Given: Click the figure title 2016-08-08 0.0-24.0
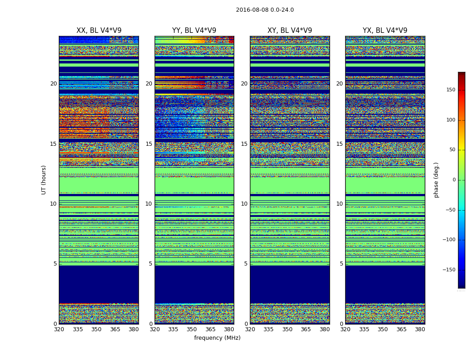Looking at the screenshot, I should pyautogui.click(x=265, y=10).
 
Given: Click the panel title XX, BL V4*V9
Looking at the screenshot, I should pyautogui.click(x=99, y=31).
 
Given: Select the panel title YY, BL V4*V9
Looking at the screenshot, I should pyautogui.click(x=194, y=31).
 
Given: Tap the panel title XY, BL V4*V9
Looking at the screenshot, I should pyautogui.click(x=290, y=31).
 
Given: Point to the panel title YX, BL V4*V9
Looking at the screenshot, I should pyautogui.click(x=385, y=31).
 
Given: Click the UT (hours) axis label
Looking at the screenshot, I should pyautogui.click(x=44, y=180).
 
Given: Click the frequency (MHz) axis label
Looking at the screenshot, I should pyautogui.click(x=217, y=338).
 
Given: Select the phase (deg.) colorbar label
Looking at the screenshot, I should pyautogui.click(x=436, y=180).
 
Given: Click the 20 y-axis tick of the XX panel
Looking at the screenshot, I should pyautogui.click(x=53, y=84).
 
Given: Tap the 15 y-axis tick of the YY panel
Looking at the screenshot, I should pyautogui.click(x=149, y=144).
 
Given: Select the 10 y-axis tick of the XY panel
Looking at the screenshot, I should pyautogui.click(x=244, y=204).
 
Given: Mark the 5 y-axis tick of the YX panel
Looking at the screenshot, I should pyautogui.click(x=341, y=264).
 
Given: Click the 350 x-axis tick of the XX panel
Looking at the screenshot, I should pyautogui.click(x=96, y=329).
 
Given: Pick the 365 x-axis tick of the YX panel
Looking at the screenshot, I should pyautogui.click(x=401, y=329).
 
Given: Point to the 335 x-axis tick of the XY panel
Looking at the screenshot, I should pyautogui.click(x=268, y=329).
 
